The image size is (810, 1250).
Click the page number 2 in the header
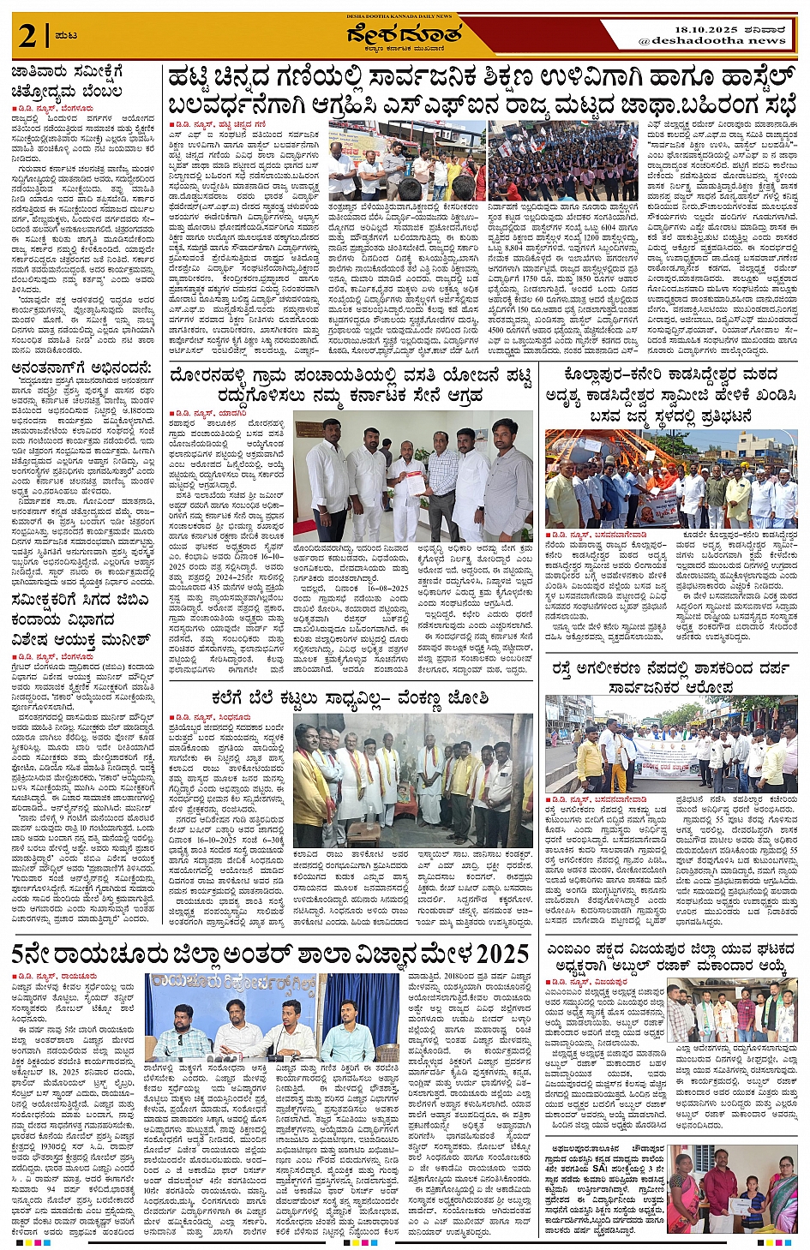coord(29,36)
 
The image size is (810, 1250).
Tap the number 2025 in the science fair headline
coord(489,953)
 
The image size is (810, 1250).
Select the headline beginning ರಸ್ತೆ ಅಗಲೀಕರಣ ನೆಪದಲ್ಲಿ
coord(670,677)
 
